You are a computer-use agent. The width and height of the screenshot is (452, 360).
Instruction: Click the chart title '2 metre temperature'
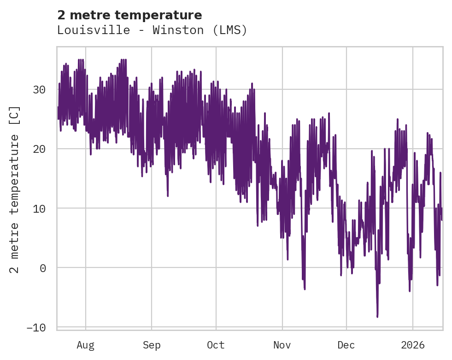pos(129,15)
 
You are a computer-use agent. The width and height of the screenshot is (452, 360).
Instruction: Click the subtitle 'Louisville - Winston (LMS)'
pos(152,30)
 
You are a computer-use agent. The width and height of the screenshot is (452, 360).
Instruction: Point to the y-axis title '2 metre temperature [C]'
pos(15,189)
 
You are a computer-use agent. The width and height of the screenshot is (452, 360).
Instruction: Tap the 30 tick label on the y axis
pos(40,89)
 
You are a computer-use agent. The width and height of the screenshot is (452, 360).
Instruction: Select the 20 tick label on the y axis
pos(40,149)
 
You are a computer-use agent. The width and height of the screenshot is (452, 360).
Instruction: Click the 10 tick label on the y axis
pos(40,208)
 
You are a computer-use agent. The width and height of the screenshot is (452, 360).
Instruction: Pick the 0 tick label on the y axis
pos(43,267)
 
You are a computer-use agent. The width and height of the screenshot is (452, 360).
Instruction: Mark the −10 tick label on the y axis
pos(36,327)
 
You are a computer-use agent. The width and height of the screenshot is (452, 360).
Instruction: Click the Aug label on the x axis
pos(86,345)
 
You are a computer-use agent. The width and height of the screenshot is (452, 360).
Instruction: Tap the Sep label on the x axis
pos(151,345)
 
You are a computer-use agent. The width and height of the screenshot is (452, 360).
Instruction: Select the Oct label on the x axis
pos(216,345)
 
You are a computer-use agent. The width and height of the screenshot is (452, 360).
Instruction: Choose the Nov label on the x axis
pos(282,345)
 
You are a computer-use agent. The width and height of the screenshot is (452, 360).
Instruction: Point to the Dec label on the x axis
pos(346,345)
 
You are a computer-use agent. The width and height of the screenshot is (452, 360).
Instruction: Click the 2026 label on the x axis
pos(413,345)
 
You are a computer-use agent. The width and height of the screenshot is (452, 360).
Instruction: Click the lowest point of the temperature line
pos(377,317)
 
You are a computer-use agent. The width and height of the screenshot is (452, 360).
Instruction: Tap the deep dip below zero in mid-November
pos(305,289)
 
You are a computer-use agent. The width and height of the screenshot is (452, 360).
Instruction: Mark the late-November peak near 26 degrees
pos(329,113)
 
